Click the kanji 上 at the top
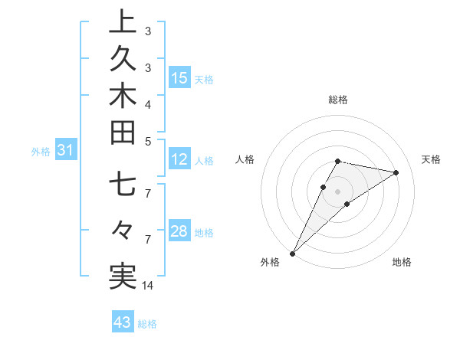pyautogui.click(x=123, y=23)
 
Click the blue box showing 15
pyautogui.click(x=179, y=78)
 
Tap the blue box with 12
pyautogui.click(x=179, y=160)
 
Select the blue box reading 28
pyautogui.click(x=179, y=232)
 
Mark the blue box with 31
pyautogui.click(x=65, y=151)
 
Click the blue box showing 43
pyautogui.click(x=122, y=322)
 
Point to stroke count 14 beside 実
pyautogui.click(x=148, y=286)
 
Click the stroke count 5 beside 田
pyautogui.click(x=148, y=141)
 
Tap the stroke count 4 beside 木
pyautogui.click(x=148, y=104)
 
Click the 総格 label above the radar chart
pyautogui.click(x=338, y=100)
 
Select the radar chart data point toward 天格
pyautogui.click(x=396, y=172)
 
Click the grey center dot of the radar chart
pyautogui.click(x=338, y=191)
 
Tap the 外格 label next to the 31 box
pyautogui.click(x=41, y=152)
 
